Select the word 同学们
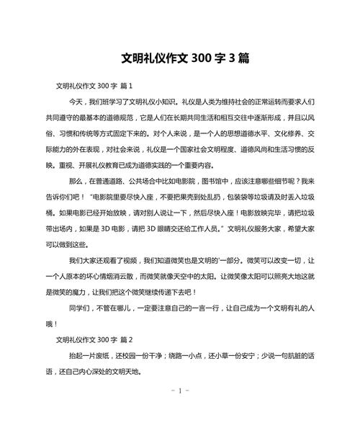tap(81, 307)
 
